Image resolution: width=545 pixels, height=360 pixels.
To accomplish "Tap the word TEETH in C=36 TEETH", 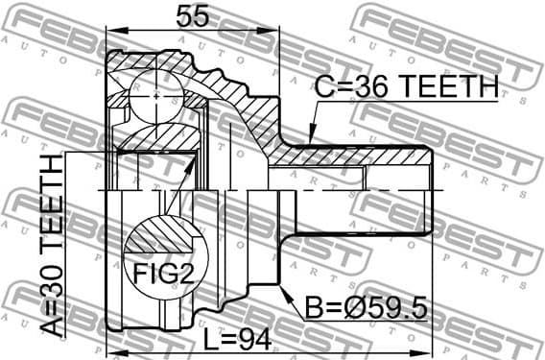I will pyautogui.click(x=450, y=87).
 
